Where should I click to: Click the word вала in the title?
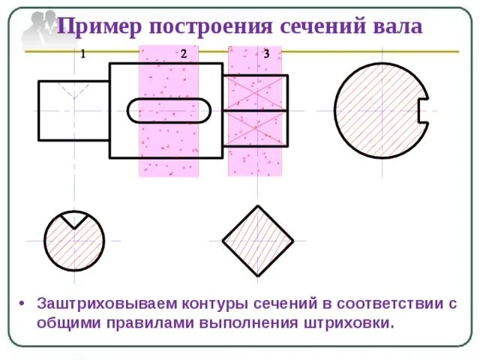(396, 28)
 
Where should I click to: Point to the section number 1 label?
(82, 54)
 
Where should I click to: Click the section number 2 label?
(184, 54)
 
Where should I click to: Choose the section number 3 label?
(266, 54)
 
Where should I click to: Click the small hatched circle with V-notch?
(73, 244)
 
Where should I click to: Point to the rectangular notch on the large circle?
(422, 110)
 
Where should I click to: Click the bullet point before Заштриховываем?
(23, 304)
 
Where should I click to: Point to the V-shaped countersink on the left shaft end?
(73, 89)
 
